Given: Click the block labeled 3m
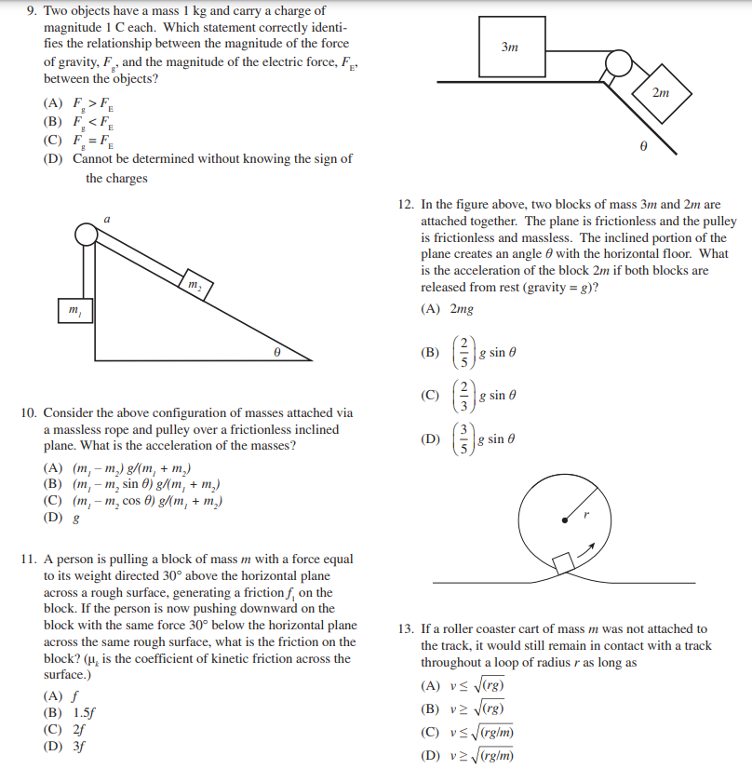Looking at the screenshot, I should (x=509, y=46).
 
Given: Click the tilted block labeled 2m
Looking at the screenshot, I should (x=659, y=93).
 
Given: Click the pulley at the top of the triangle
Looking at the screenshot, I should (x=87, y=235).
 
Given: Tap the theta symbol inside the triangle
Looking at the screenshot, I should (x=276, y=353).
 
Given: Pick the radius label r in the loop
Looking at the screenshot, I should (x=587, y=512).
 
